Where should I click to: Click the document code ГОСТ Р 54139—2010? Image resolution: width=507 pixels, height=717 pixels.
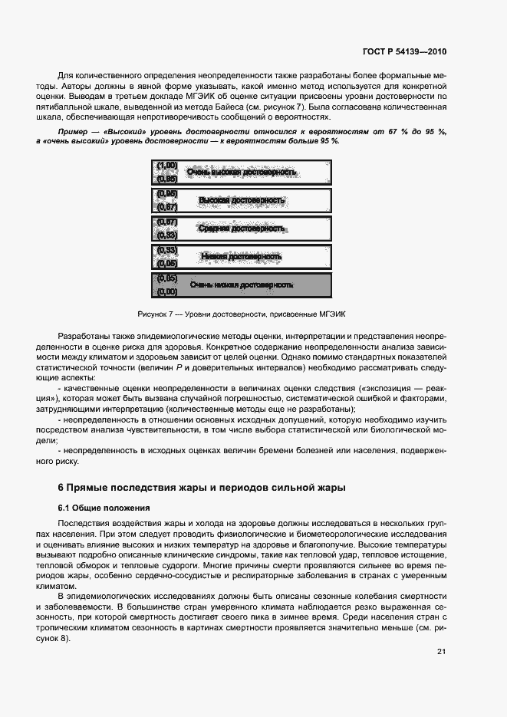[403, 52]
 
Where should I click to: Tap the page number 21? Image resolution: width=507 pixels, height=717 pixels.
[441, 652]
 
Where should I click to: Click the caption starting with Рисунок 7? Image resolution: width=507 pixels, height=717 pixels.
[242, 314]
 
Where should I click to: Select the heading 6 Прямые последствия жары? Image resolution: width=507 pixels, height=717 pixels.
[202, 487]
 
